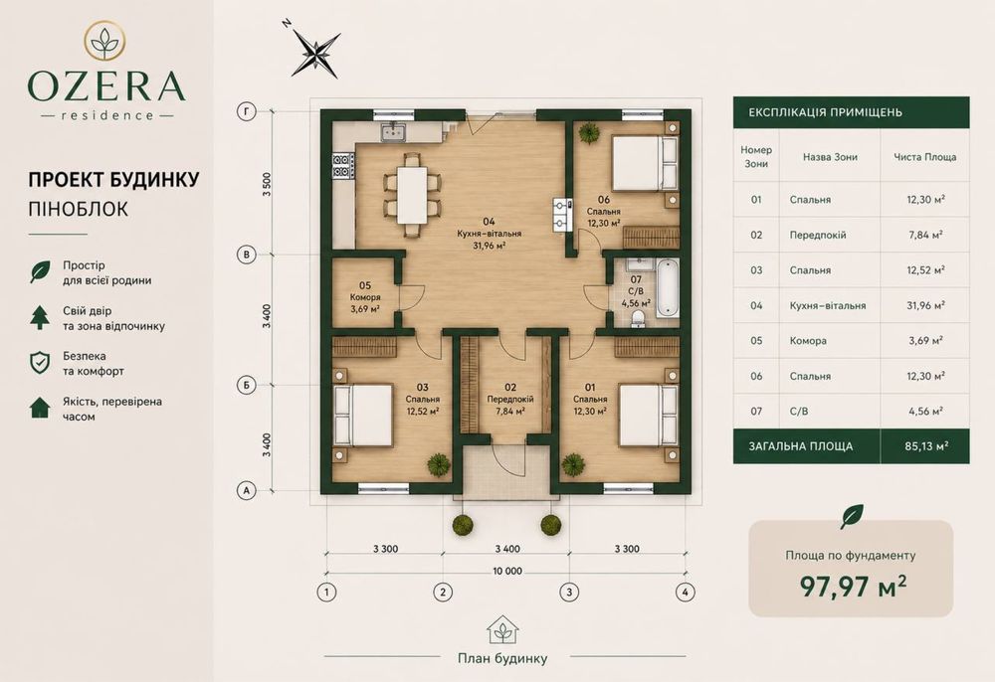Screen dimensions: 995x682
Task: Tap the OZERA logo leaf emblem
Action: point(104,40)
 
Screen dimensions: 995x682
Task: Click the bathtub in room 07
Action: point(667,289)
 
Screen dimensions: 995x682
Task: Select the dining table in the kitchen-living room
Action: point(412,195)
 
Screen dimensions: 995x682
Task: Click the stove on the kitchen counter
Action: point(342,165)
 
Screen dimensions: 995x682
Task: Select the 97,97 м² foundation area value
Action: point(853,586)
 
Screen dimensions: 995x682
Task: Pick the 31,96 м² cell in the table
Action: point(925,305)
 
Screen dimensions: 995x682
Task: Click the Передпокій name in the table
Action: point(817,236)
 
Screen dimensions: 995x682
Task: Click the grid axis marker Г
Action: point(246,112)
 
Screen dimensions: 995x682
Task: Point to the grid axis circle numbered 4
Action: point(685,592)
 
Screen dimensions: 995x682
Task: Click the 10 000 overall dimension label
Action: point(507,571)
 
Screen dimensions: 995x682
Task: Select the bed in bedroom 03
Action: point(363,416)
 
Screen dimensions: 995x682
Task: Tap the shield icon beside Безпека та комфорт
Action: point(40,363)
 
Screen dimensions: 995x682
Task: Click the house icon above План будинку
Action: point(502,629)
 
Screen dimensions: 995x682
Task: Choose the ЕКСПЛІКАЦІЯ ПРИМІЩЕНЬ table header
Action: point(825,112)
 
